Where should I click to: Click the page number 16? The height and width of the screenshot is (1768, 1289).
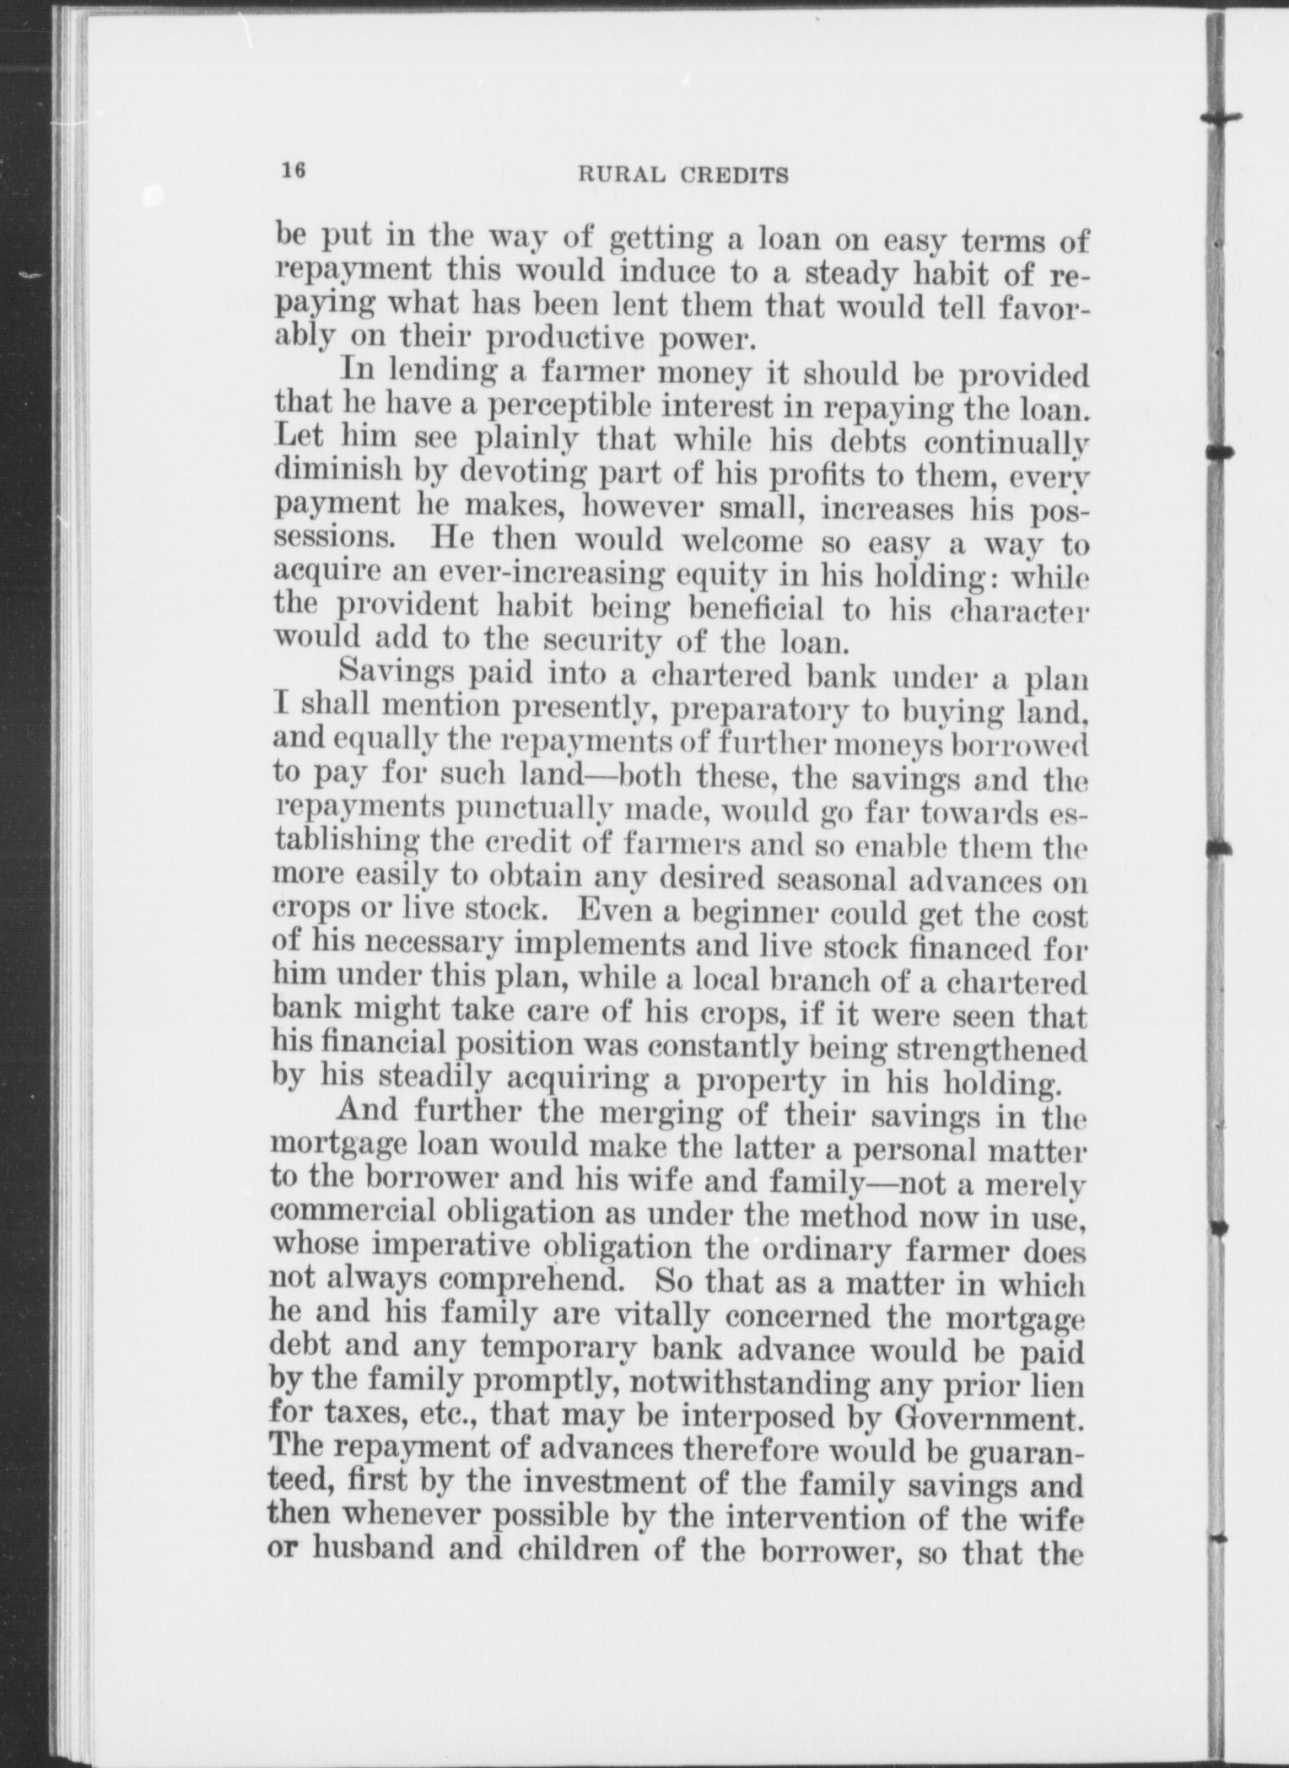(293, 170)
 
